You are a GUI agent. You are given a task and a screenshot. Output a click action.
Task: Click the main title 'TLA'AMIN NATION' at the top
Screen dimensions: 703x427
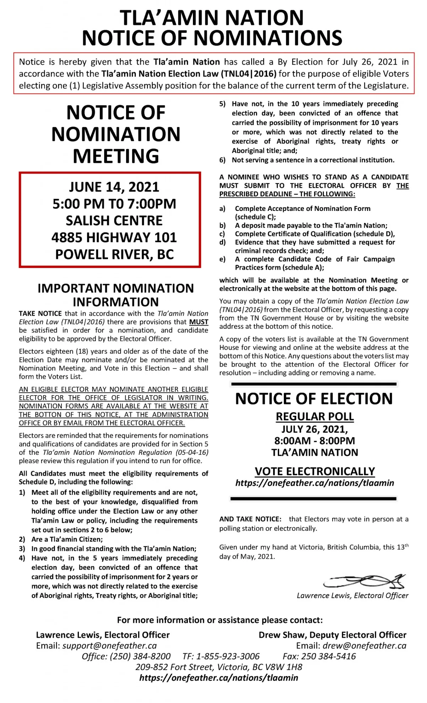[212, 18]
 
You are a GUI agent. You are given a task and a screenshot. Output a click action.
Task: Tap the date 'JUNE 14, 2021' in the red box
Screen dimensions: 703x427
[114, 187]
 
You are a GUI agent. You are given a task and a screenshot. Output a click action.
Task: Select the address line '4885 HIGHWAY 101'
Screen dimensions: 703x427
[114, 238]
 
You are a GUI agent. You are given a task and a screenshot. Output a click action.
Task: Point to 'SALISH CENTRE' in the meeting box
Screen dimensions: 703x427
[114, 220]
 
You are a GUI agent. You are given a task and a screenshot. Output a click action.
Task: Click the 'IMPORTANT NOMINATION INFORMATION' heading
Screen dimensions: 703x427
[116, 295]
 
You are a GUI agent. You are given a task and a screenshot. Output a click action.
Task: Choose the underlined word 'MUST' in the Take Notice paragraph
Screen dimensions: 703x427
[199, 322]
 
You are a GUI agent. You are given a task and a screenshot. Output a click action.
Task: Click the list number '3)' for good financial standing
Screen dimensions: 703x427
[22, 549]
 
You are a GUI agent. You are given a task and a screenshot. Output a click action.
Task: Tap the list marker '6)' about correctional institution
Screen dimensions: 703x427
[222, 160]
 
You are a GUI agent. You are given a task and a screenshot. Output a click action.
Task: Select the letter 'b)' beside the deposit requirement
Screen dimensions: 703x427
[222, 225]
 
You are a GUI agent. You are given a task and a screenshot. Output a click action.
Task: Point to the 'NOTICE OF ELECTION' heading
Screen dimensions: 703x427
[314, 399]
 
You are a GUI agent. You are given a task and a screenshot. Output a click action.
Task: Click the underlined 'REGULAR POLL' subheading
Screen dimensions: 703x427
[315, 416]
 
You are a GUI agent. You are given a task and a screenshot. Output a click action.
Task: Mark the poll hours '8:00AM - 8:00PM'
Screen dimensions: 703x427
[315, 441]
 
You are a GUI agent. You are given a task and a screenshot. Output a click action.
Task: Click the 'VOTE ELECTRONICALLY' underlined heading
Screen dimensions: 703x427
[315, 471]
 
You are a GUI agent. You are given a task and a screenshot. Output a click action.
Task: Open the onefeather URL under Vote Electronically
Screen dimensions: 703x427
[315, 483]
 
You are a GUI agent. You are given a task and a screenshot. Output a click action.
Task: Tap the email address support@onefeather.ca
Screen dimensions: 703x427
[109, 645]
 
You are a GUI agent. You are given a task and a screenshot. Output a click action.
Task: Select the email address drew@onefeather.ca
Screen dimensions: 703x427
[364, 645]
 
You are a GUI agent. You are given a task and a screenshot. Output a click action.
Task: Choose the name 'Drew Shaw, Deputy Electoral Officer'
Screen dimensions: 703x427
[332, 635]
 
